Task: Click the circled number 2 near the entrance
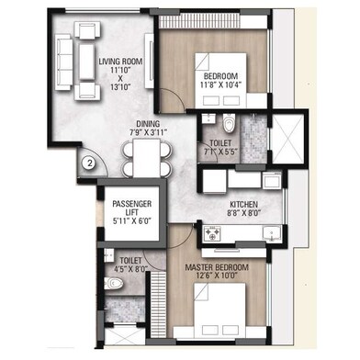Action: tap(89, 163)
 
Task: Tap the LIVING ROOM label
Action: tap(120, 62)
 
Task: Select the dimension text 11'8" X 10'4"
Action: tap(220, 84)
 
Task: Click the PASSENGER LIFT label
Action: tap(132, 208)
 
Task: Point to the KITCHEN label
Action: tap(243, 204)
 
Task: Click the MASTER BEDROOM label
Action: tap(217, 267)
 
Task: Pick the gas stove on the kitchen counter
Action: tap(213, 233)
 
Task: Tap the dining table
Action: tap(147, 158)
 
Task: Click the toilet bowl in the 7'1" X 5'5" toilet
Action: tap(228, 123)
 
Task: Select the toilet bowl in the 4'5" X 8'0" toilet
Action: tap(114, 283)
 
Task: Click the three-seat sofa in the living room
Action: tap(63, 62)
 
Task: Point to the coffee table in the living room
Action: tap(86, 62)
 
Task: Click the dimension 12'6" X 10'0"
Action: tap(217, 276)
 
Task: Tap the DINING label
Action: tap(148, 124)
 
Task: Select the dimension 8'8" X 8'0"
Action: tap(243, 212)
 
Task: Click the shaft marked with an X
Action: tap(288, 140)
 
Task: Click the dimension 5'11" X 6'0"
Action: tap(132, 220)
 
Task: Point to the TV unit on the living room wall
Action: tap(149, 61)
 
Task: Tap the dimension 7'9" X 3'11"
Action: tap(148, 132)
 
